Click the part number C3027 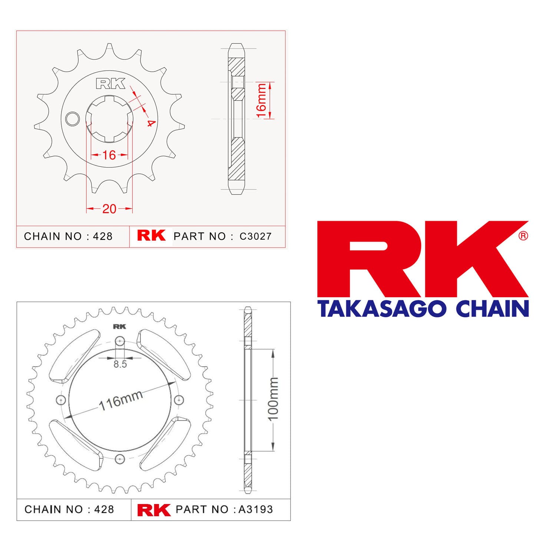click(256, 236)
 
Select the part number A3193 click(255, 509)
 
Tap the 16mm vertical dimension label click(261, 100)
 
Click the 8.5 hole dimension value click(120, 364)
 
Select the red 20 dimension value click(109, 209)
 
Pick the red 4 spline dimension click(150, 123)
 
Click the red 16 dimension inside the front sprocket click(109, 155)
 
